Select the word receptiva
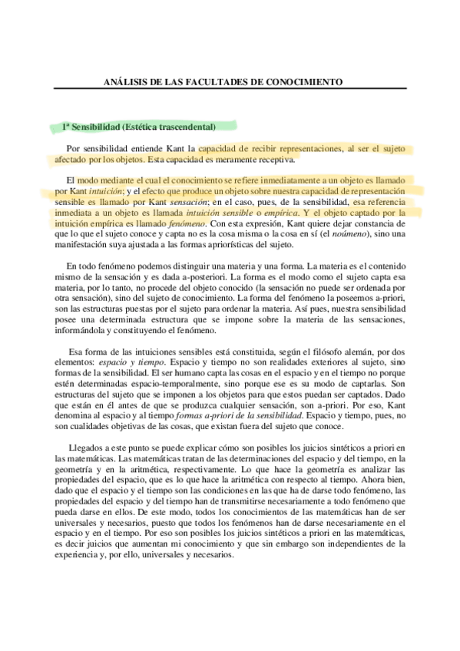[274, 160]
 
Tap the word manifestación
[85, 244]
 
